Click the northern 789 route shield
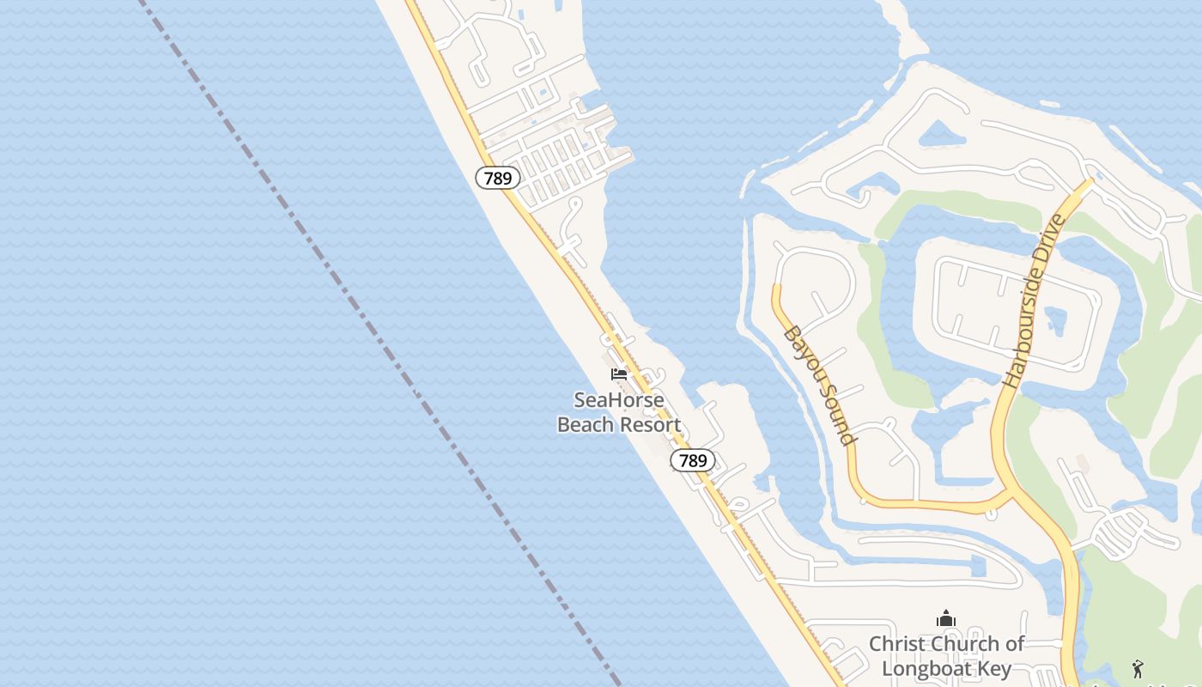(497, 179)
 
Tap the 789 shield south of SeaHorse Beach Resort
(692, 461)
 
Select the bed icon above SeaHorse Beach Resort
(618, 374)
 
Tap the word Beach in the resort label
(585, 424)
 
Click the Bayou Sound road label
(820, 385)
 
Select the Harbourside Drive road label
(1033, 301)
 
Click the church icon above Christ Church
(946, 618)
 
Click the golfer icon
(1138, 668)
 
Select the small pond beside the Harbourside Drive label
(1056, 320)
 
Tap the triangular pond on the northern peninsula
(942, 134)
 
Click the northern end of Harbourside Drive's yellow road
(1090, 182)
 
